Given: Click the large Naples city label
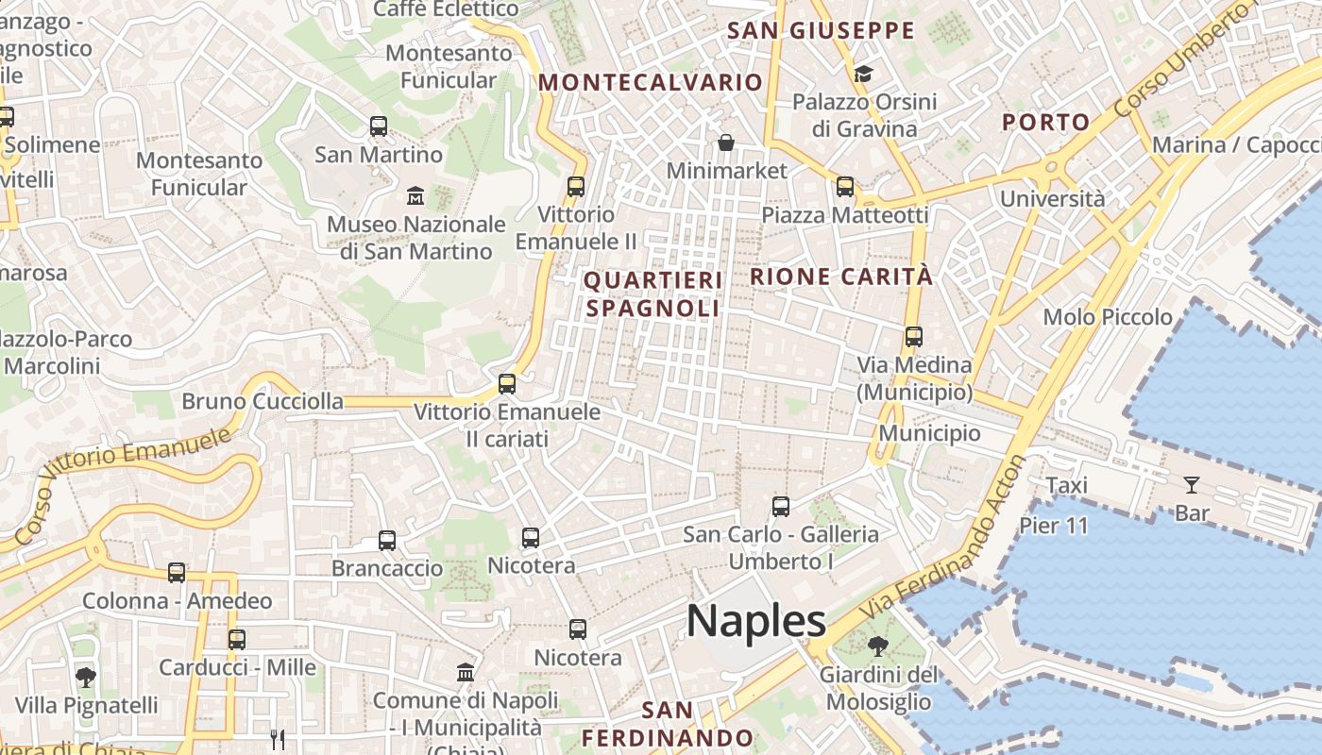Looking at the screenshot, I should (x=756, y=621).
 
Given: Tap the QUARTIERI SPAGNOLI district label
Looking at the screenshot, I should (x=653, y=294).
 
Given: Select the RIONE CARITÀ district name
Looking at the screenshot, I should (x=841, y=277).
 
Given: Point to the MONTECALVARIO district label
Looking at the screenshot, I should (x=651, y=82).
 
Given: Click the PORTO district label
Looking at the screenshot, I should (x=1046, y=122).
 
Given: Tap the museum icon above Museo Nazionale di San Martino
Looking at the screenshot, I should (x=415, y=196).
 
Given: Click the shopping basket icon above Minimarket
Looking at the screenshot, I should (x=726, y=143).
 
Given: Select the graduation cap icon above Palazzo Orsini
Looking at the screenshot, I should (x=863, y=74).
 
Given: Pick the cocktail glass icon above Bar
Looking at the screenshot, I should (x=1192, y=485).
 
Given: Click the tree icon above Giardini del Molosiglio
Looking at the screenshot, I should (x=877, y=646).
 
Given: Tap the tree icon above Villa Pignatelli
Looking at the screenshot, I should (x=86, y=677).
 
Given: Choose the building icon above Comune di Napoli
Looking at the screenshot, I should (x=466, y=673).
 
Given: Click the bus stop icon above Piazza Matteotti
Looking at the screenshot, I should (x=845, y=187).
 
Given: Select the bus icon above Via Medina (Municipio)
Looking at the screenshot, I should (x=913, y=336).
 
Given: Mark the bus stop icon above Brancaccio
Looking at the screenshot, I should (x=387, y=541).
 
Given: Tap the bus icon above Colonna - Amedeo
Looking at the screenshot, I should (x=177, y=573).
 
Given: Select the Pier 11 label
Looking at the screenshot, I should (x=1054, y=526).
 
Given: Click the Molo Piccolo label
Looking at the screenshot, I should (x=1108, y=317).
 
